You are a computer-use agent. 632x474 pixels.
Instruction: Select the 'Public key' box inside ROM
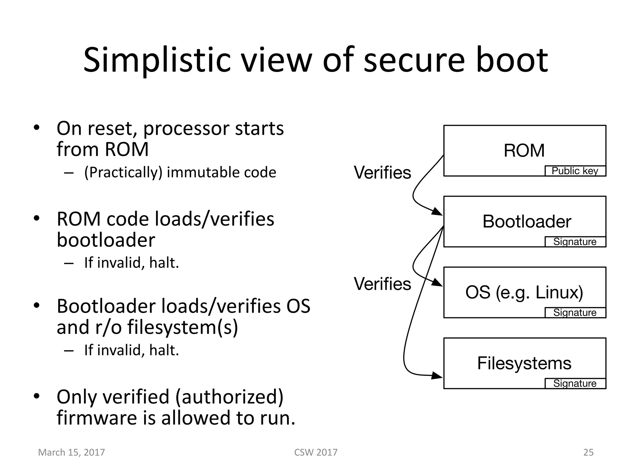[575, 171]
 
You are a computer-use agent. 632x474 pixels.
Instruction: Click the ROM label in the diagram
[524, 151]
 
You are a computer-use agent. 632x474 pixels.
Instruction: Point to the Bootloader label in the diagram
[527, 221]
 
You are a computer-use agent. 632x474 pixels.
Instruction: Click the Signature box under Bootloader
[575, 242]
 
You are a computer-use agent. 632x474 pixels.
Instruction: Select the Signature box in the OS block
[575, 313]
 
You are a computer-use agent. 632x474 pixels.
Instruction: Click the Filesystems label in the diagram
[524, 363]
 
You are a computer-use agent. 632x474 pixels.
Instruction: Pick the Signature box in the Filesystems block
[575, 383]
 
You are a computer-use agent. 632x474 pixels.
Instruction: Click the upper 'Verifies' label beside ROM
[382, 173]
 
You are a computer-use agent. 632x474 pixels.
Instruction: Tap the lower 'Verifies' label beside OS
[382, 284]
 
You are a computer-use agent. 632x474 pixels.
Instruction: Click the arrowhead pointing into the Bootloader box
[437, 212]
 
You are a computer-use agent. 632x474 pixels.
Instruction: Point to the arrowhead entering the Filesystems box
[437, 376]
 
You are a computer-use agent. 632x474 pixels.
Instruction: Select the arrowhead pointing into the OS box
[437, 283]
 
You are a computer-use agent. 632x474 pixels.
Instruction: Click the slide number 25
[588, 452]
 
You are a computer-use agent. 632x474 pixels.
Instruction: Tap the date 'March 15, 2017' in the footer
[71, 452]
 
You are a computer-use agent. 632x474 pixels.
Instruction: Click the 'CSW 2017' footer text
[316, 452]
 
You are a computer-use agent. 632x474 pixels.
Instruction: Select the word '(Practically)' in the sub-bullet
[123, 173]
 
